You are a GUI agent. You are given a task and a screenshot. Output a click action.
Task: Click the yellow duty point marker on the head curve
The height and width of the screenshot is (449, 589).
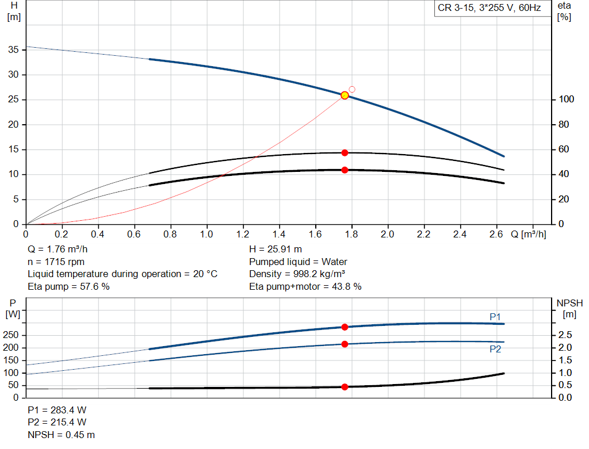345,95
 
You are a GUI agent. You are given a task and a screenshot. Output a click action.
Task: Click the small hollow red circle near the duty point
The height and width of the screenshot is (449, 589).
352,89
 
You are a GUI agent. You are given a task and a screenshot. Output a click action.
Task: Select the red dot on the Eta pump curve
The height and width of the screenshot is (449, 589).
345,153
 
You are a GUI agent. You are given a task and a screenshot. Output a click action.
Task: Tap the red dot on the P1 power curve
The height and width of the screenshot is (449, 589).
345,327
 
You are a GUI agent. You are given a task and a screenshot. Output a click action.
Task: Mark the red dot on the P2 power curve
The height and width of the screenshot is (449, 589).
345,344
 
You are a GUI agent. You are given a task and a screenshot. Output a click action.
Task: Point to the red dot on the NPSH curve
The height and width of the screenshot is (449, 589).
345,387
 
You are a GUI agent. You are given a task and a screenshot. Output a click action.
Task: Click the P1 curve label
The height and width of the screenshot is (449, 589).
495,317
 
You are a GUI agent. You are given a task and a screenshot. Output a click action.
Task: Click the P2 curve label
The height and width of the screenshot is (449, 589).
495,348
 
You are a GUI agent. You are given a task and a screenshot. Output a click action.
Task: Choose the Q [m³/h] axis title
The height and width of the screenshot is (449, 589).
527,235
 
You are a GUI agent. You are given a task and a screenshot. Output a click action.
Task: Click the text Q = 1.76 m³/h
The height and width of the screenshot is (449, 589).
58,250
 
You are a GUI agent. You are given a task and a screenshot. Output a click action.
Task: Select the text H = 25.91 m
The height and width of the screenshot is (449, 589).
275,250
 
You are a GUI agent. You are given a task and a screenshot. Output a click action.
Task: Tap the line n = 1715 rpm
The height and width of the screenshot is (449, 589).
56,262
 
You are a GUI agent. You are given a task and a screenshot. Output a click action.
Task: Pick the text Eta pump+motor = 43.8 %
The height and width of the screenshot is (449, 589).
305,286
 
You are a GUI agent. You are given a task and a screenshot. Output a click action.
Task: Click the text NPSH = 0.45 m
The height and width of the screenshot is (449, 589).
61,435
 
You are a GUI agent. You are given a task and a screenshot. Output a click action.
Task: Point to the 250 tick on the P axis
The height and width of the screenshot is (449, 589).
12,335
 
